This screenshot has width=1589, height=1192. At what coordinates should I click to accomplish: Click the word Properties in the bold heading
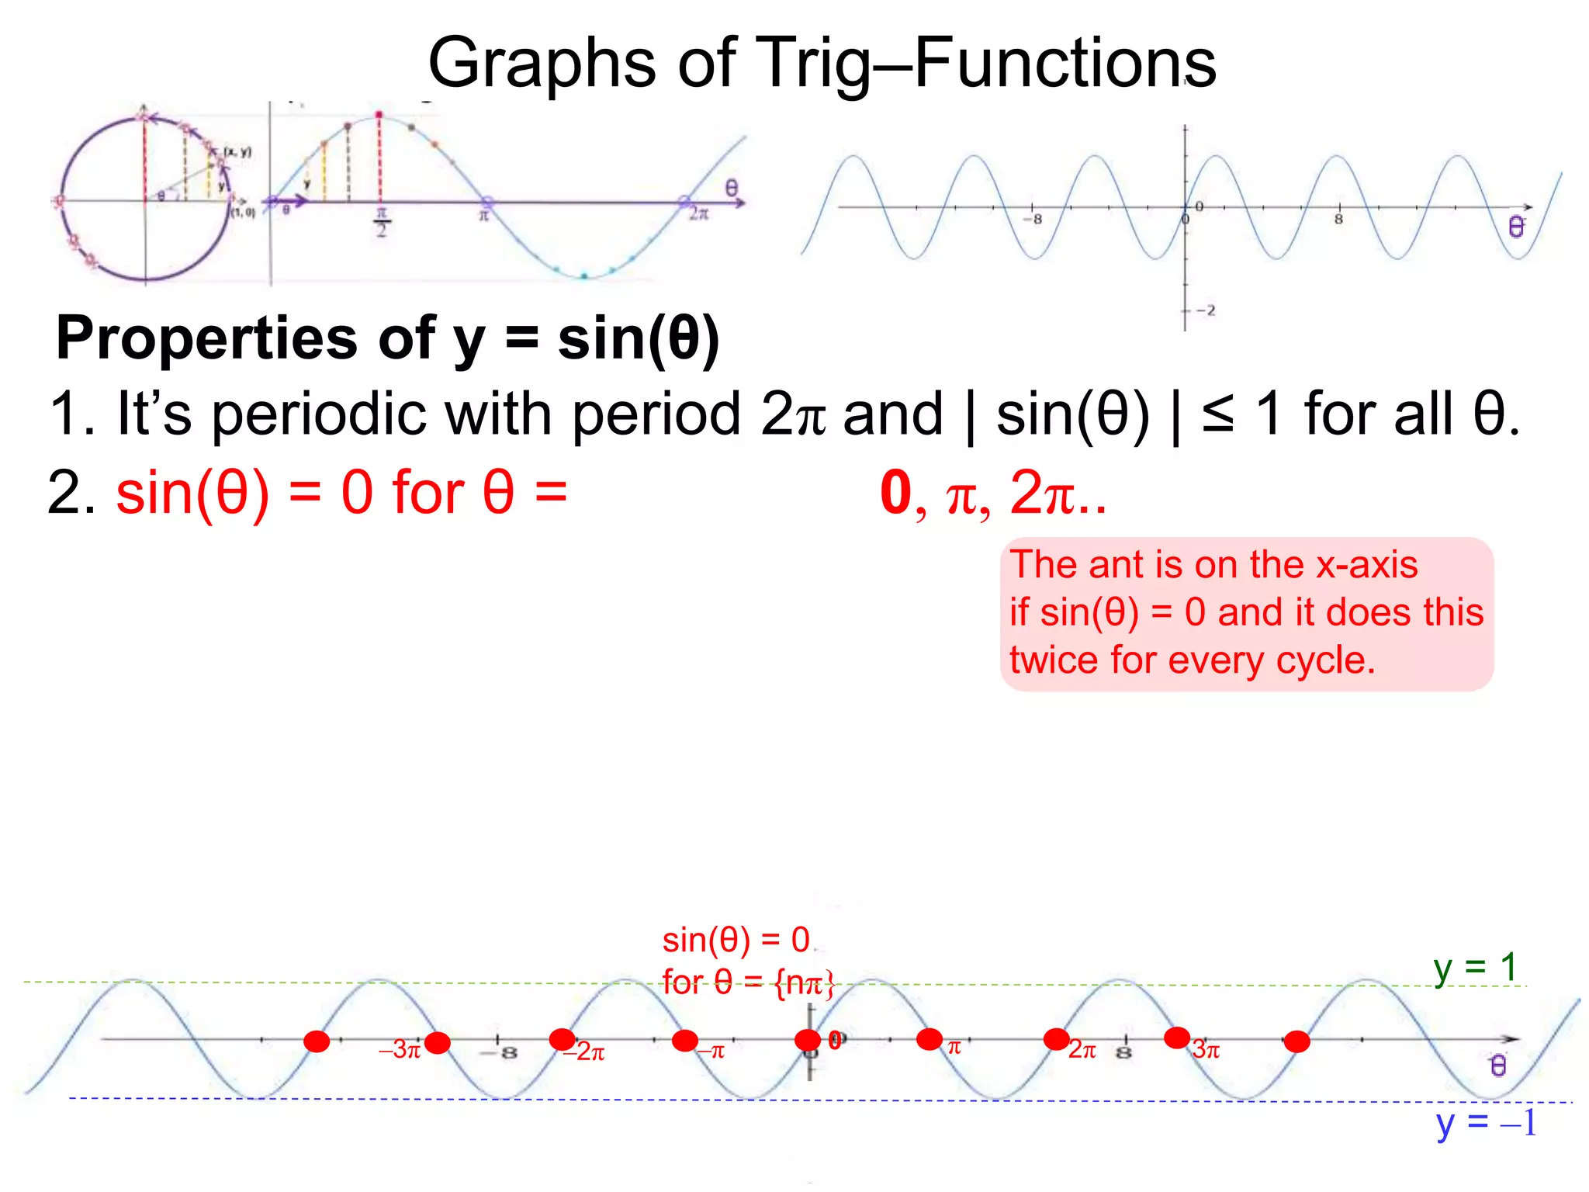coord(206,338)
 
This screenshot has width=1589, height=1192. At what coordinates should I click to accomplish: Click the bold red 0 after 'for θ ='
coord(895,494)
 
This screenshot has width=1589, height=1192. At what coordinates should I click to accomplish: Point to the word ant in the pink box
coord(1117,565)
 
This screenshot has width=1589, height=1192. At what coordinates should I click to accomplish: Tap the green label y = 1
coord(1475,968)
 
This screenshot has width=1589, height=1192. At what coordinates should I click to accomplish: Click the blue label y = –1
coord(1485,1123)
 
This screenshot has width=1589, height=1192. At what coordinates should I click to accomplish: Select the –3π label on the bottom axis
coord(400,1050)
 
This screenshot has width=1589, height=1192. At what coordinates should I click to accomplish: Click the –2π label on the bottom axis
coord(585,1052)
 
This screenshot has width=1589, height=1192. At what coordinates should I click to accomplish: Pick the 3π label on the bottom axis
coord(1206,1050)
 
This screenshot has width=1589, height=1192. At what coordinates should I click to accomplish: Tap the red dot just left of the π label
coord(929,1039)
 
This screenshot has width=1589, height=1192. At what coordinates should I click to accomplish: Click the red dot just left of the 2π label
coord(1056,1039)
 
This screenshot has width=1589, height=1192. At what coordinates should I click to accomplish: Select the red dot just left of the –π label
coord(684,1041)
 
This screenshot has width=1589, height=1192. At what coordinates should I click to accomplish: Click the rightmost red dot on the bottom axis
coord(1296,1041)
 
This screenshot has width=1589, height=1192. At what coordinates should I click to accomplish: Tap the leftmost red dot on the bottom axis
coord(317,1041)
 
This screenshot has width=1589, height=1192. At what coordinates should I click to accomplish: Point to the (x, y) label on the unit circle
coord(237,152)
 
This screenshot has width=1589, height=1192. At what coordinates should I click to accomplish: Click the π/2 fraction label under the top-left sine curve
coord(381,222)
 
